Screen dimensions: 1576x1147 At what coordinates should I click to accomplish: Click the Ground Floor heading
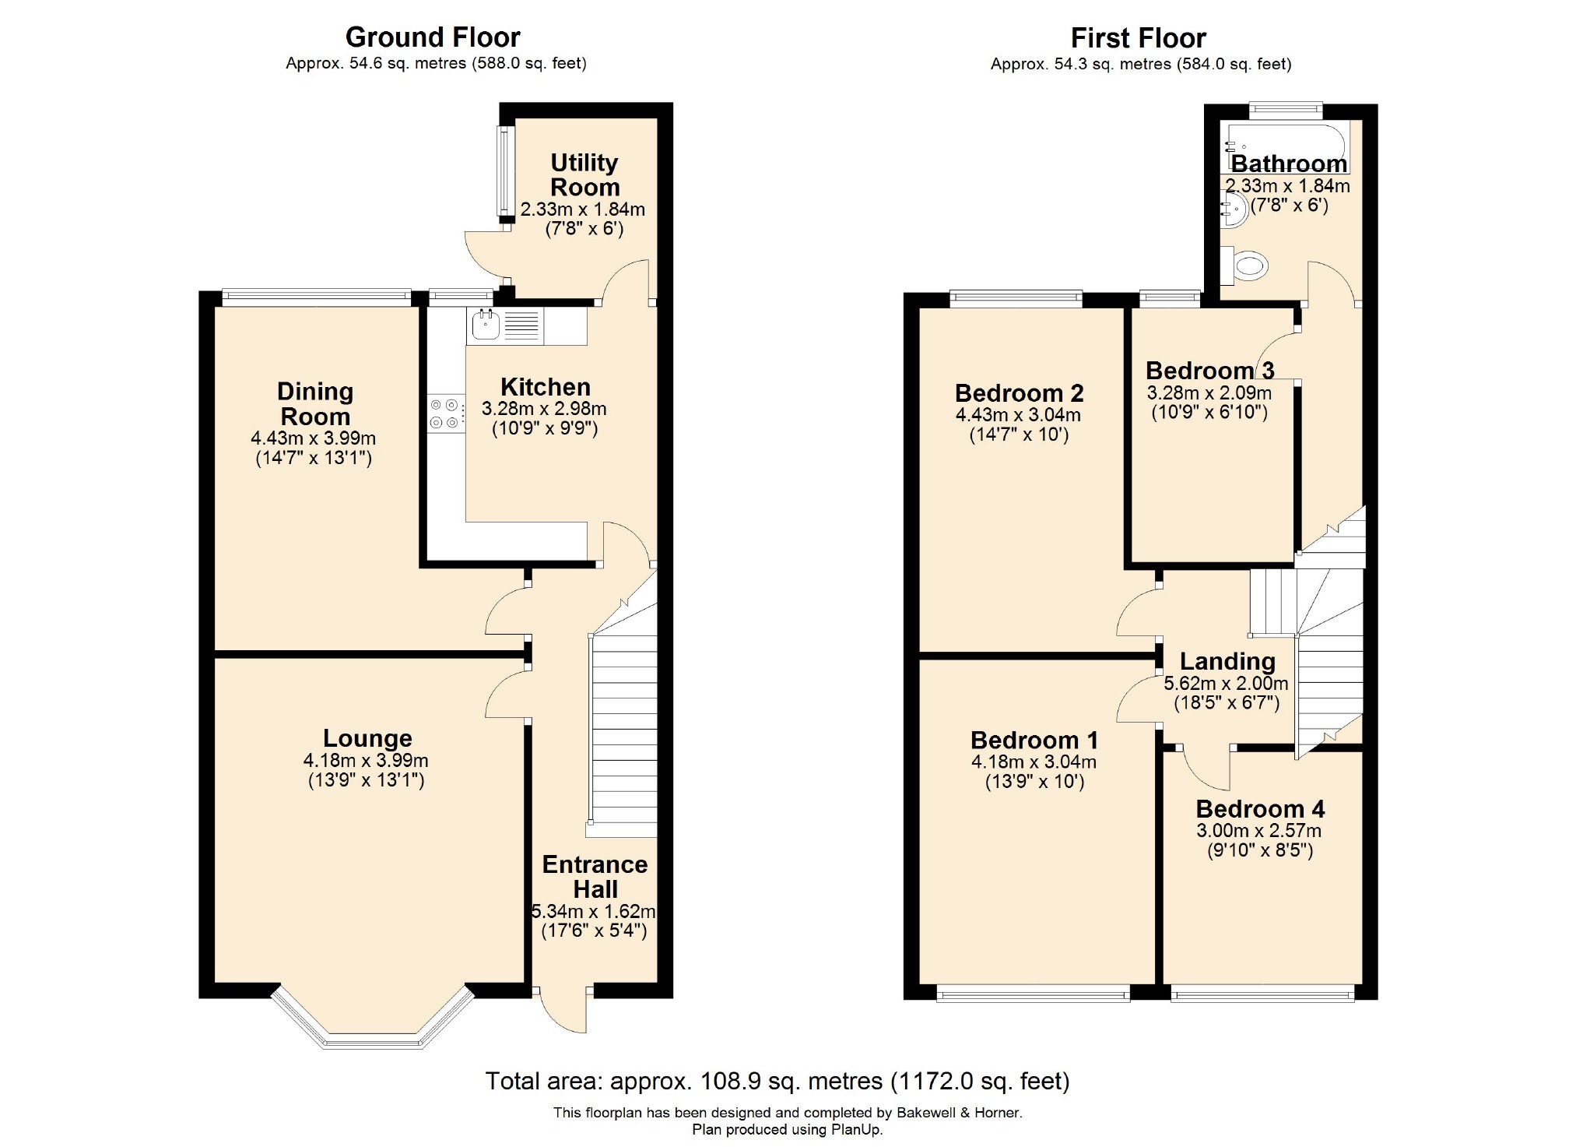point(433,37)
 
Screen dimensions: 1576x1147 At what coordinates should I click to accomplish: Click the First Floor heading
point(1138,38)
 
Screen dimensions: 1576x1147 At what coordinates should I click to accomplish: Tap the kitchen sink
point(486,325)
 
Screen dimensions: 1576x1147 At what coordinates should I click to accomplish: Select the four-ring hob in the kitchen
point(445,413)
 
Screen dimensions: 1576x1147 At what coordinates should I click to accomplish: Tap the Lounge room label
point(367,737)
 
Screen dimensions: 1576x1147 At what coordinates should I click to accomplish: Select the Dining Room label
point(315,403)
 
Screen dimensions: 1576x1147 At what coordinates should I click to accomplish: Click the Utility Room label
point(584,174)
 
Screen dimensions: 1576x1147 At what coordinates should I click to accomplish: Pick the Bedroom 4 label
point(1260,808)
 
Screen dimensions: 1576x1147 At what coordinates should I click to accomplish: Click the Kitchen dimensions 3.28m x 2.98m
point(544,409)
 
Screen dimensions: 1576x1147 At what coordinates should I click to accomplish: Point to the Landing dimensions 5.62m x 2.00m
point(1226,684)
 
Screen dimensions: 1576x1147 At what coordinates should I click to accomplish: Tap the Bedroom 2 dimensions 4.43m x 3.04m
point(1018,415)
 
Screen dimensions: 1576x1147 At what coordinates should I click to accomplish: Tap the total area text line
point(777,1081)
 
